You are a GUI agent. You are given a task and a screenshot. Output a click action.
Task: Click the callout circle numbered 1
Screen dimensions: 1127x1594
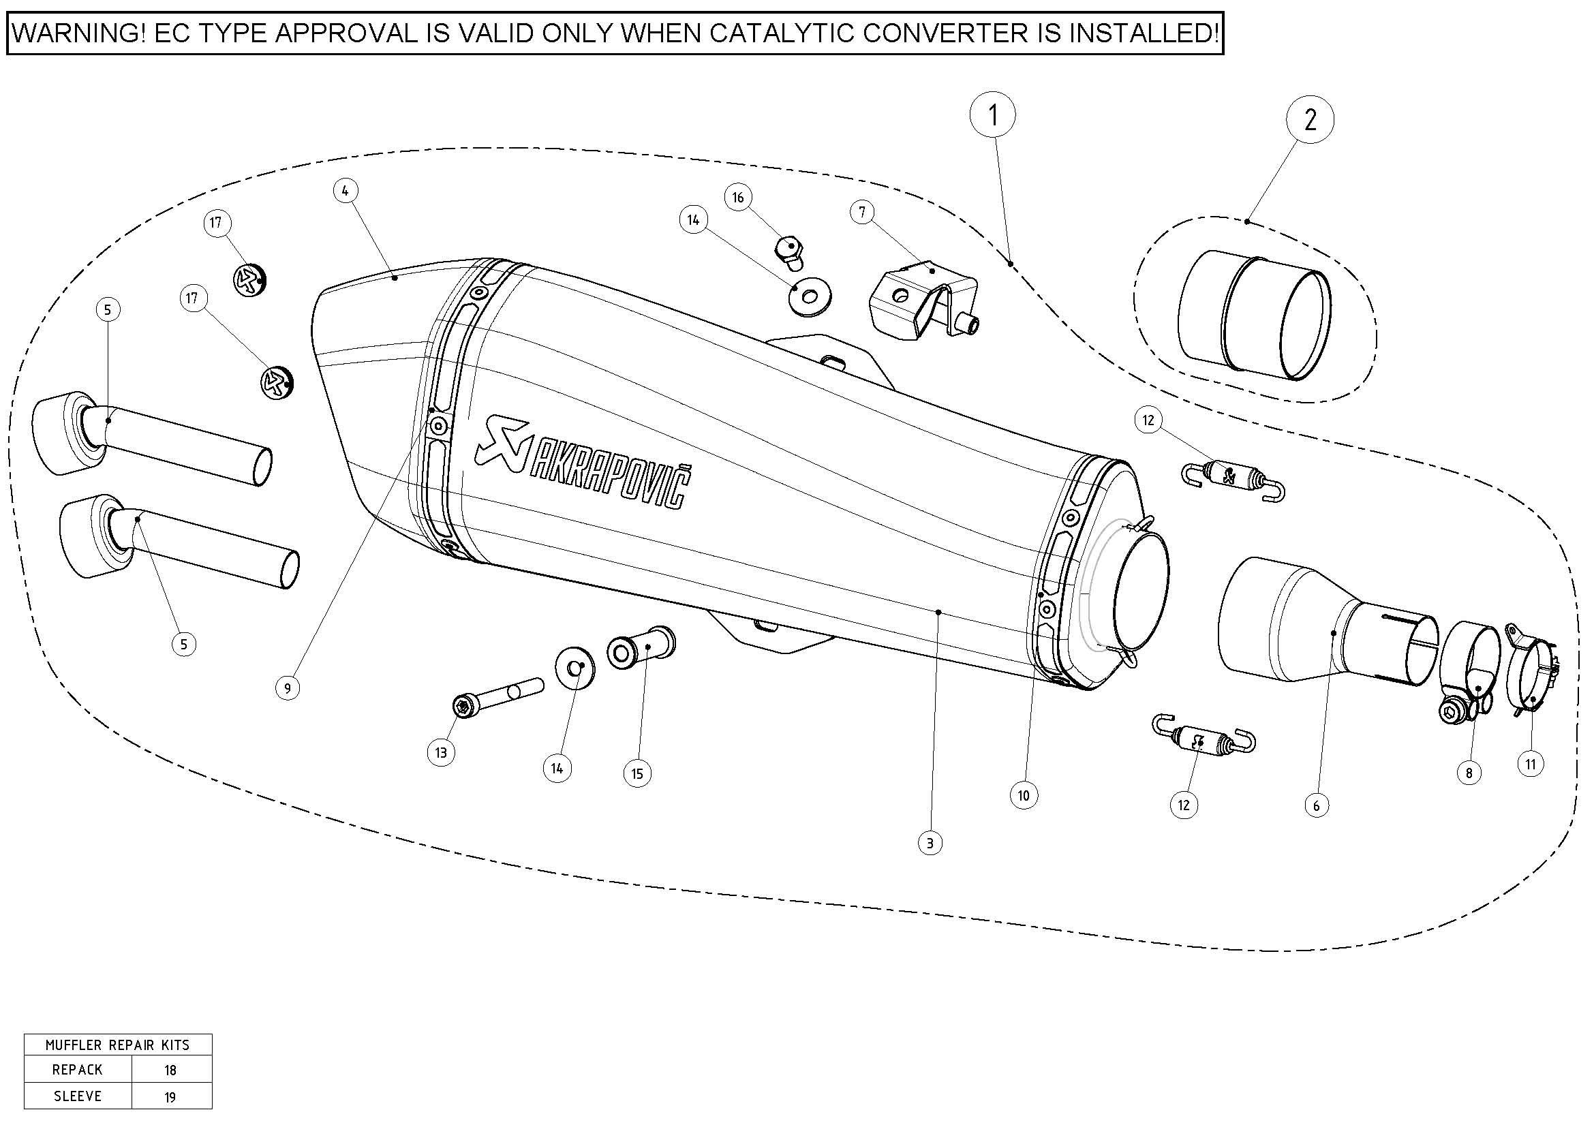(993, 115)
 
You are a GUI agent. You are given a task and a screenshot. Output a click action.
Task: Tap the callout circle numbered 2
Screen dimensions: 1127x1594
(1310, 120)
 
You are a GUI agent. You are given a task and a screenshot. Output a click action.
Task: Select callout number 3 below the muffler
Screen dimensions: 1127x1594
(930, 844)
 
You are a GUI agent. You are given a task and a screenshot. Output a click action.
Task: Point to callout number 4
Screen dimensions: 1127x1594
(345, 191)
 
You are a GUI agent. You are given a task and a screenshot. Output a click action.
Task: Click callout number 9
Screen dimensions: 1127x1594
(288, 688)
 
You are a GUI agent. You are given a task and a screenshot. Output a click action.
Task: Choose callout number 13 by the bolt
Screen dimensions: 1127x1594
(441, 753)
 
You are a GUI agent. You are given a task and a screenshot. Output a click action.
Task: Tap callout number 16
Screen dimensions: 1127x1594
(738, 198)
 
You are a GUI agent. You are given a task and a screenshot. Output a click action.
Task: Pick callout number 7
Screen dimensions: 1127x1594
(862, 213)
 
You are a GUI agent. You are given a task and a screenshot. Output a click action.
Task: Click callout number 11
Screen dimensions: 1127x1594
(1530, 765)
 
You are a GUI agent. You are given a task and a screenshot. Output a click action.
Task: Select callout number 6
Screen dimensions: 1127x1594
(1317, 805)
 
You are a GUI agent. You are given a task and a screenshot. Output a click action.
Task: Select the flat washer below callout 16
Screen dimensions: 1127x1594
(810, 297)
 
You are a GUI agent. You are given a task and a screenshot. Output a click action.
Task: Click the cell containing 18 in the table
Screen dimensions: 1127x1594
(171, 1070)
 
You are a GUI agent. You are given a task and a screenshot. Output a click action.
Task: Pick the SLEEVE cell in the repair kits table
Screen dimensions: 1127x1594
(78, 1096)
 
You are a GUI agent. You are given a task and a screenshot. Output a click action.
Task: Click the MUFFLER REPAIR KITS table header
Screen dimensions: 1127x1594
(117, 1045)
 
